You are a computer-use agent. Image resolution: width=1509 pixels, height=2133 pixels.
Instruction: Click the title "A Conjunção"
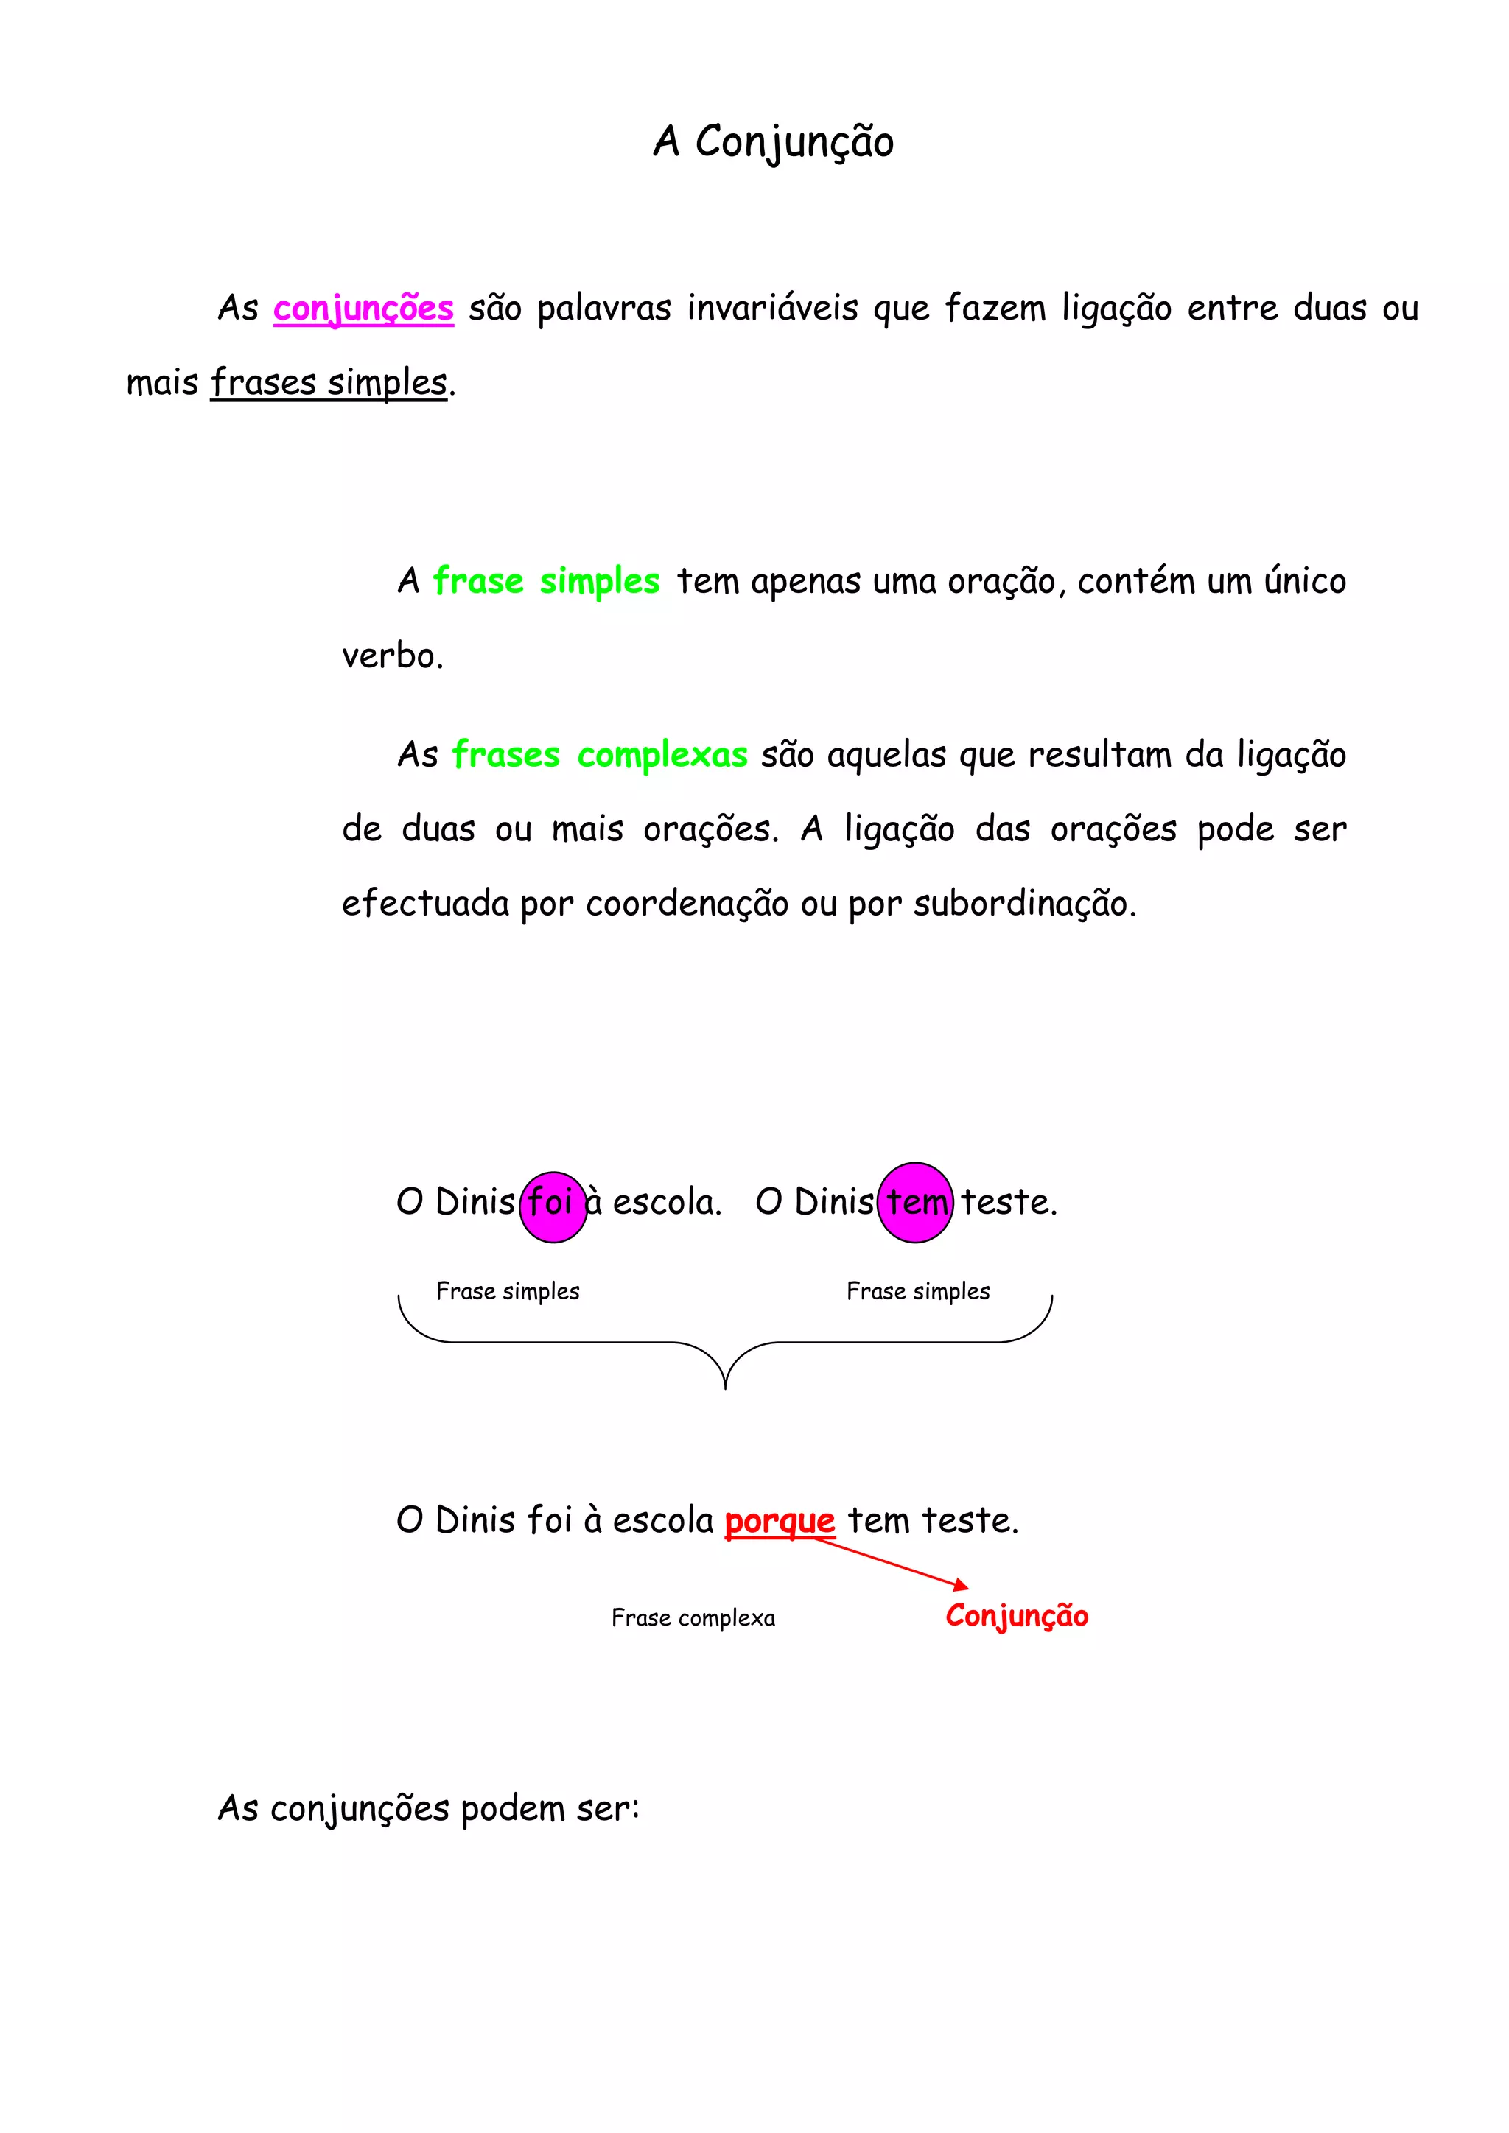pos(773,142)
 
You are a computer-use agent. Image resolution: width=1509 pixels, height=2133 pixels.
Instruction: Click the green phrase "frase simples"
pos(547,582)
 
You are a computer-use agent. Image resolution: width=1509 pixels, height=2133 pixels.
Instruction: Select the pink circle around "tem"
pos(915,1202)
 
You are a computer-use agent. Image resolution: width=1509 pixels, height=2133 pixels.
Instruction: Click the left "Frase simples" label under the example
pos(508,1291)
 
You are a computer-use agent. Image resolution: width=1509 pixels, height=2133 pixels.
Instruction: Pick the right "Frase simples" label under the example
pos(918,1291)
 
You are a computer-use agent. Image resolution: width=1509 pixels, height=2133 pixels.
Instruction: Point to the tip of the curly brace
pos(725,1387)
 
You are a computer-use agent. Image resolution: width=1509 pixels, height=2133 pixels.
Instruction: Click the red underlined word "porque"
pos(780,1522)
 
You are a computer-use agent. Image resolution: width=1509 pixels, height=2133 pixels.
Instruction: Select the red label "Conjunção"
pos(1017,1615)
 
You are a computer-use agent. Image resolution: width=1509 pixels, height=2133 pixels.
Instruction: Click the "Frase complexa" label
pos(693,1618)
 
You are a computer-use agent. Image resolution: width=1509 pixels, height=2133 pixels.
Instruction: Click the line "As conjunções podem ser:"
pos(428,1809)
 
